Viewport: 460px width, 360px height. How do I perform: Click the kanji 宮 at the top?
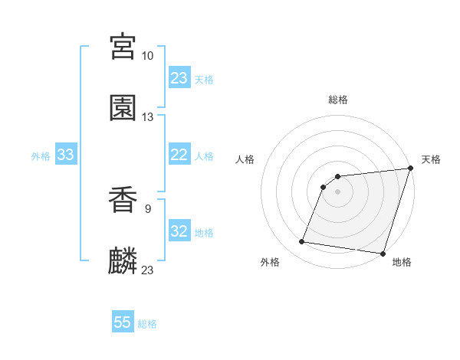tap(123, 47)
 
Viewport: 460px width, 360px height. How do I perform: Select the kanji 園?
tap(123, 108)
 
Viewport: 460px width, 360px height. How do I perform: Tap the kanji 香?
tap(123, 201)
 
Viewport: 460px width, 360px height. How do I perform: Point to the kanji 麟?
tap(123, 262)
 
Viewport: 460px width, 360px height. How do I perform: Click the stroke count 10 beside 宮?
tap(148, 56)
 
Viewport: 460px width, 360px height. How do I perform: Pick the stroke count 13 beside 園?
tap(148, 117)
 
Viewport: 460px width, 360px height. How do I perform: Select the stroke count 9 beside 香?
tap(148, 208)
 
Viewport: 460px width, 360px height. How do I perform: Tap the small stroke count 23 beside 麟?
tap(148, 270)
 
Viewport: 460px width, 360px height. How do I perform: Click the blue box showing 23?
tap(179, 78)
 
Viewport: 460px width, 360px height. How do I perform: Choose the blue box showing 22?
tap(179, 155)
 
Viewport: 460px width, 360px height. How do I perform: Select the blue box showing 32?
tap(179, 231)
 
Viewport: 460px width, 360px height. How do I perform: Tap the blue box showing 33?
tap(66, 155)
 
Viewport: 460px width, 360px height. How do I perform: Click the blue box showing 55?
tap(123, 322)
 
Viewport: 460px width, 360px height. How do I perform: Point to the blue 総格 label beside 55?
tap(147, 324)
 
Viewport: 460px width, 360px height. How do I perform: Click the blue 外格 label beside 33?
tap(41, 156)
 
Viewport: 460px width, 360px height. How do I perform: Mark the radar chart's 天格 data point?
tap(410, 169)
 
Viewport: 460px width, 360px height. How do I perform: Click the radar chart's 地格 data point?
tap(383, 254)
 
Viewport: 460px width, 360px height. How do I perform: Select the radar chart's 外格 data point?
tap(302, 242)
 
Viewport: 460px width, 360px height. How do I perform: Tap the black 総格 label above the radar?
tap(338, 100)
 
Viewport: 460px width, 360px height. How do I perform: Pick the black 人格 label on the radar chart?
tap(246, 159)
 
